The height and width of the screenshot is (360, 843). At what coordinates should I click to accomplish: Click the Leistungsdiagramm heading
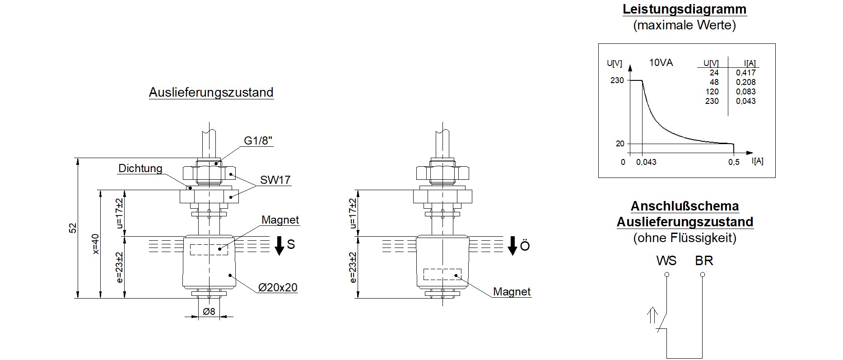pos(685,9)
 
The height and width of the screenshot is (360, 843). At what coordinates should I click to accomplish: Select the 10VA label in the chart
pos(661,63)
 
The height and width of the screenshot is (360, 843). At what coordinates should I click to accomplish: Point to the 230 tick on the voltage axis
pos(617,80)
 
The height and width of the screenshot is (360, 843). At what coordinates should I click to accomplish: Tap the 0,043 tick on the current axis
pos(646,162)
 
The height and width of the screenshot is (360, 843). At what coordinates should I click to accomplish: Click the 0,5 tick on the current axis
pos(734,162)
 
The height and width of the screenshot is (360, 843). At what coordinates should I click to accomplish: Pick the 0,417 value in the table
pos(745,73)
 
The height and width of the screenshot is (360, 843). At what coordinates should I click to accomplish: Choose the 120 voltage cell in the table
pos(712,92)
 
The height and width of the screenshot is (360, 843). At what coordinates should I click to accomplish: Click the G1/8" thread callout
pos(259,141)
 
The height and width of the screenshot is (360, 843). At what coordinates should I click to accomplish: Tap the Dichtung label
pos(140,168)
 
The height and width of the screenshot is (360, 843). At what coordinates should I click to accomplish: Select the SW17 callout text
pos(275,180)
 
